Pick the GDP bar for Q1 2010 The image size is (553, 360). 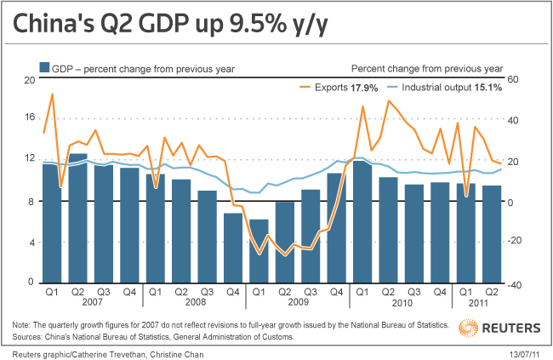coord(362,221)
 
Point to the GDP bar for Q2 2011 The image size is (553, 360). coord(492,233)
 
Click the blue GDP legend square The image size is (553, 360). coord(43,68)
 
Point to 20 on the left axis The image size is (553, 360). coord(28,79)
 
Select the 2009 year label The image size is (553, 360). coord(298,303)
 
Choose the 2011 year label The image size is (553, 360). coord(479,303)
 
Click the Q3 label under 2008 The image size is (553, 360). coord(208,292)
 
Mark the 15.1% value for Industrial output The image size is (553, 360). coord(488,88)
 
